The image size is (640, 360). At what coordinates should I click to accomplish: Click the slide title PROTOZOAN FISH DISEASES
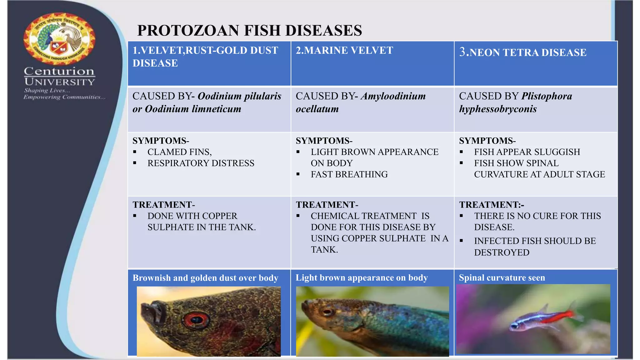click(249, 31)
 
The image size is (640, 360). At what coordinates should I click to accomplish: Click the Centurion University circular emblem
click(59, 39)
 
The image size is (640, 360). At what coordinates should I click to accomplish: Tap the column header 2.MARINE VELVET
click(344, 50)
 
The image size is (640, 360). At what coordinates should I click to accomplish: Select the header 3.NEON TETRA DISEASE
click(523, 52)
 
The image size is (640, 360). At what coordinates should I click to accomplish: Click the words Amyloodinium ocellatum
click(361, 102)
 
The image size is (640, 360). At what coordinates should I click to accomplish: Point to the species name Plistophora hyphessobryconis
click(516, 102)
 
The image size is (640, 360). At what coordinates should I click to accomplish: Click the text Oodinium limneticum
click(193, 109)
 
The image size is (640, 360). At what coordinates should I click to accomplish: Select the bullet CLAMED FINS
click(179, 152)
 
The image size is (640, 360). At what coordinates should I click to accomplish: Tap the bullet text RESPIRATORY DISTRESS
click(201, 163)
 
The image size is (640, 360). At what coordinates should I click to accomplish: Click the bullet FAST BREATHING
click(349, 174)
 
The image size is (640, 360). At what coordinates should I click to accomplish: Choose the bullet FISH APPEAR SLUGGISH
click(527, 152)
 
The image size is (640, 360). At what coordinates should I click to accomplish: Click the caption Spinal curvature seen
click(502, 277)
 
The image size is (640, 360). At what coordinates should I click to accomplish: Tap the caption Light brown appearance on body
click(362, 277)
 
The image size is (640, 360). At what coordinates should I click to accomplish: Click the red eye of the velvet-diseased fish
click(196, 319)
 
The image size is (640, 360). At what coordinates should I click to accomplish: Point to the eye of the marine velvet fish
click(328, 312)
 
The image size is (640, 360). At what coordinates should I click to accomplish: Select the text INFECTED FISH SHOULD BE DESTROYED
click(534, 247)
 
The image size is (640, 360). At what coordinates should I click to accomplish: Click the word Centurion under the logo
click(59, 71)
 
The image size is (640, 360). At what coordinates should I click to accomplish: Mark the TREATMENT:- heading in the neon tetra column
click(491, 205)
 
